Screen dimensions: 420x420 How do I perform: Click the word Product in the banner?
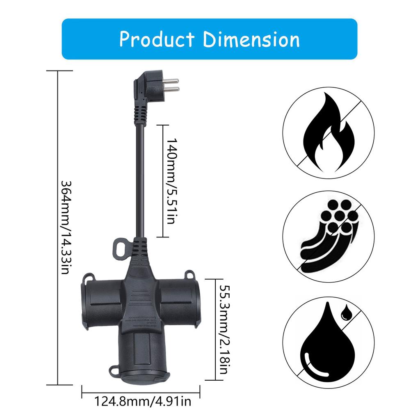point(157,40)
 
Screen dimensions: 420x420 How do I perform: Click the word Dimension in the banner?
point(251,40)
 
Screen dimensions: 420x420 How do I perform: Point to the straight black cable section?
point(140,180)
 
